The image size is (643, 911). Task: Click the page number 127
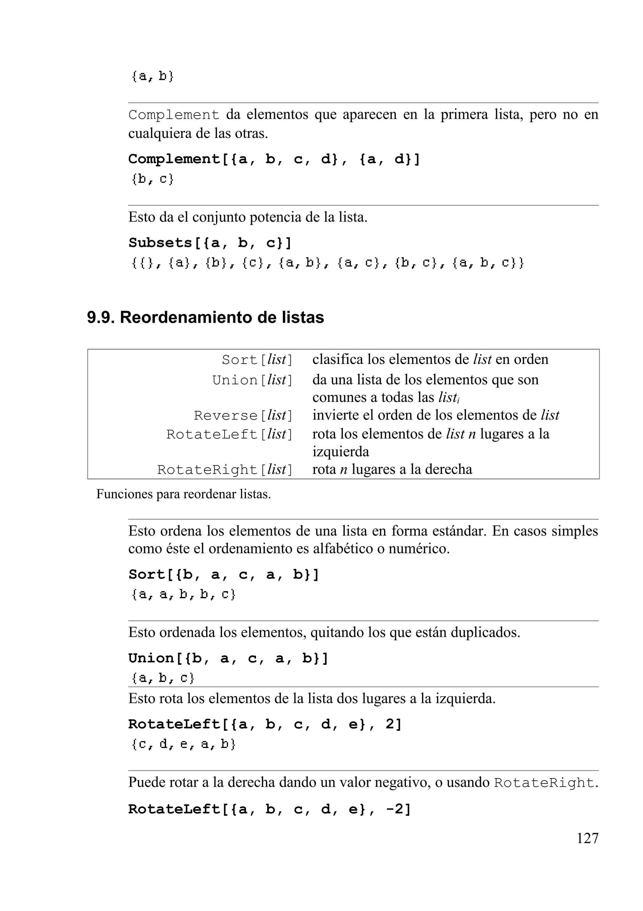coord(587,838)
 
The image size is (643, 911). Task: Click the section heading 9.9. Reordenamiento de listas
coord(205,317)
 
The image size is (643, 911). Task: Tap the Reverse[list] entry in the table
coord(243,415)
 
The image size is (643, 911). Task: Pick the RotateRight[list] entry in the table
coord(224,470)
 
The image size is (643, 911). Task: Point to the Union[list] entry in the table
coord(252,380)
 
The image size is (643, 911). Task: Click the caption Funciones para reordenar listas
coord(183,494)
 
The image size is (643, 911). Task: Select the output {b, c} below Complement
coord(153,179)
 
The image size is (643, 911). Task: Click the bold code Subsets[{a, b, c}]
coord(210,243)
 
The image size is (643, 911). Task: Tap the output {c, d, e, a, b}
coord(184,744)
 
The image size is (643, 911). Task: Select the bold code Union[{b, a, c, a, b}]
coord(228,658)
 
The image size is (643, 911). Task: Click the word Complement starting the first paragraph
coord(174,115)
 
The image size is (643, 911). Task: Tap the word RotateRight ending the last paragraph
coord(544,783)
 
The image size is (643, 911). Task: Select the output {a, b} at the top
coord(153,76)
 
